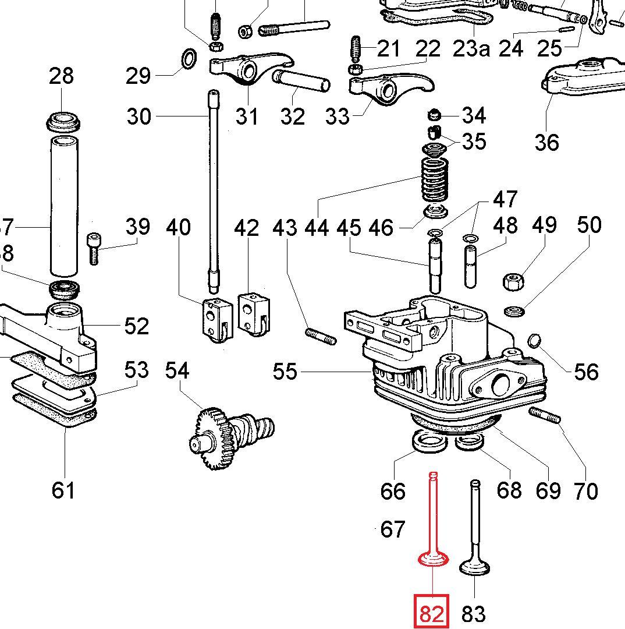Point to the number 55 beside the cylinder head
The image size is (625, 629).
[285, 371]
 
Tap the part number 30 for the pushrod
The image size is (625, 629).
[139, 116]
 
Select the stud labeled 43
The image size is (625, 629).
[320, 337]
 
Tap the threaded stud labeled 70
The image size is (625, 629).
[545, 416]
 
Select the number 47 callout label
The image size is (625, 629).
[505, 199]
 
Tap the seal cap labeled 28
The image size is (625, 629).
[63, 121]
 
